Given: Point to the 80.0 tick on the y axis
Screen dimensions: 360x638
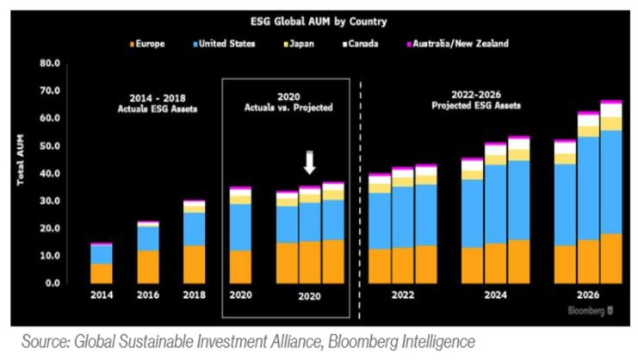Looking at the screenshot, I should pos(49,64).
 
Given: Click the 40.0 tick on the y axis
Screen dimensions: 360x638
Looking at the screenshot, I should pos(49,173).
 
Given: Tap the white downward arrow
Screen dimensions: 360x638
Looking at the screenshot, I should pos(310,164).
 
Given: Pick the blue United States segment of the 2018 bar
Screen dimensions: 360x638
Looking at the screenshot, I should pos(195,229).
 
